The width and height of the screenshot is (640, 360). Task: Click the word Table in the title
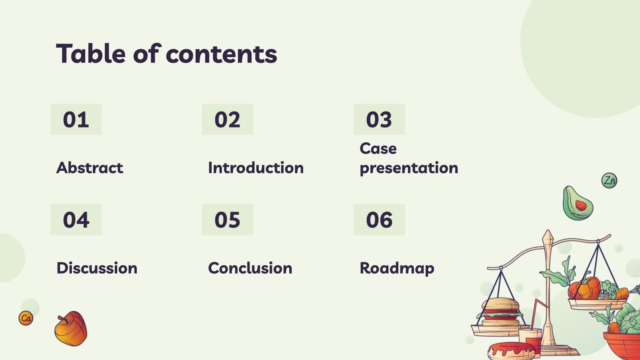tap(91, 54)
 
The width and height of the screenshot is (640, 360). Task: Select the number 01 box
tap(76, 120)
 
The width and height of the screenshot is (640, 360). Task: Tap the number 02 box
tap(228, 120)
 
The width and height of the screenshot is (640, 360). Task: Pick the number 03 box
tap(379, 120)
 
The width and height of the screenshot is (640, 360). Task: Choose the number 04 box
tap(76, 220)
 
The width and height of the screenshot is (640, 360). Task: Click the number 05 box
tap(228, 220)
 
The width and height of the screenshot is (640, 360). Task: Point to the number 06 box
tap(379, 220)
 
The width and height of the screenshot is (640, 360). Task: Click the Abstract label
tap(90, 168)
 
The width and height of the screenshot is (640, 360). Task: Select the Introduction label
tap(256, 168)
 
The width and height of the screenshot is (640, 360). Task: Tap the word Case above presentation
tap(378, 148)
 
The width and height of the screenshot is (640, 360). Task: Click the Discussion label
tap(97, 268)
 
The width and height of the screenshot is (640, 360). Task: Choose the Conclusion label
tap(250, 268)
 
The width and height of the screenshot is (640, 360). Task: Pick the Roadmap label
tap(397, 268)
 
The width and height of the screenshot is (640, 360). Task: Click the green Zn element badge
tap(609, 180)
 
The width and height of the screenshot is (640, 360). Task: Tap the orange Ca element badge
tap(26, 318)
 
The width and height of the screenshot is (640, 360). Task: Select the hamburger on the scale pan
tap(500, 312)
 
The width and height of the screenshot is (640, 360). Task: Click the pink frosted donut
tap(511, 351)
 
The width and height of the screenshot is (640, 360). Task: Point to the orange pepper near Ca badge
tap(71, 328)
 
